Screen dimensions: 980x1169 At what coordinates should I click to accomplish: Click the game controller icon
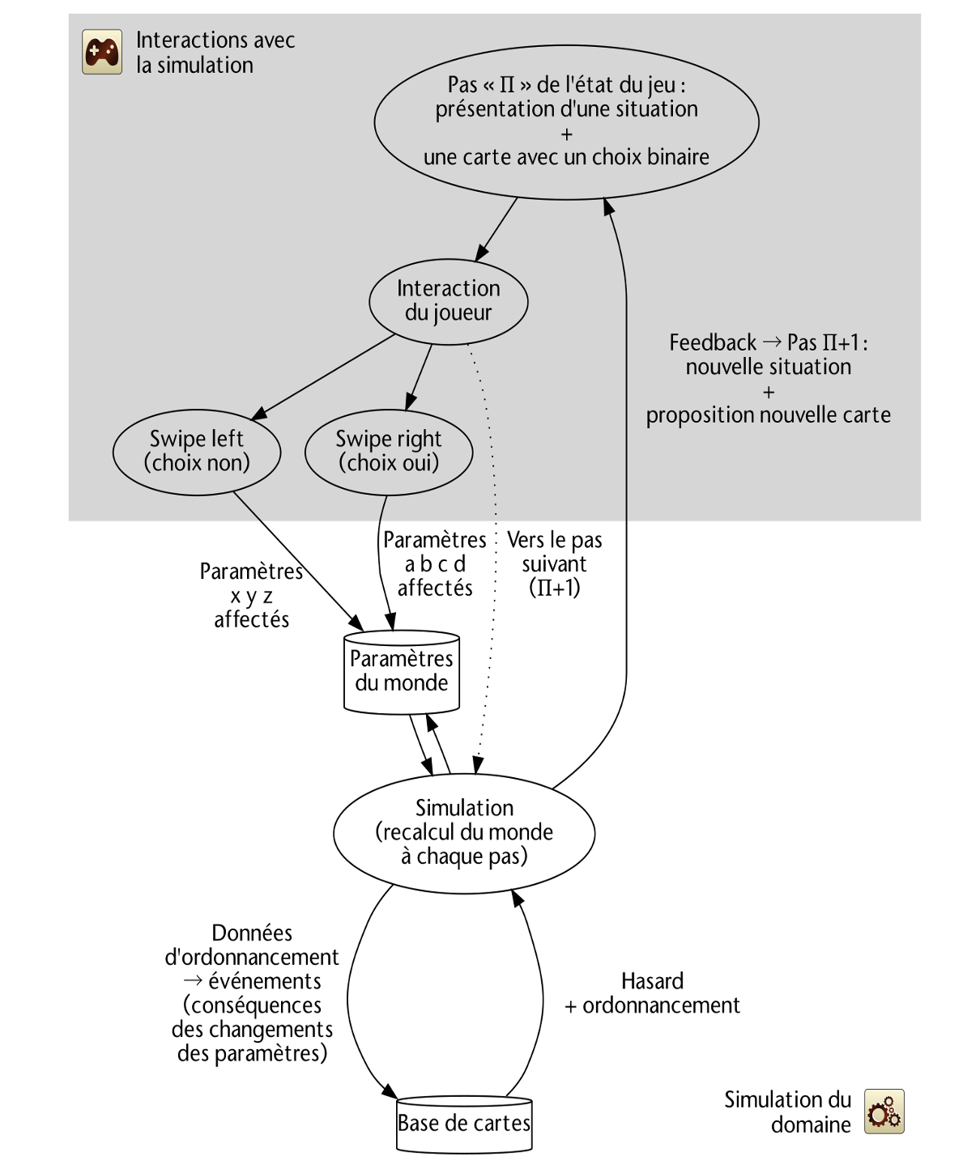point(102,52)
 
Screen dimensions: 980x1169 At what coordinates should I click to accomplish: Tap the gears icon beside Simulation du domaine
point(884,1111)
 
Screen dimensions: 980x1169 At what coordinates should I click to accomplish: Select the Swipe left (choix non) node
point(197,453)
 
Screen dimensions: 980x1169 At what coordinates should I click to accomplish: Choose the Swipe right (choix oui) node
point(389,453)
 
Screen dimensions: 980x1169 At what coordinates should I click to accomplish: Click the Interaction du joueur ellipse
point(448,302)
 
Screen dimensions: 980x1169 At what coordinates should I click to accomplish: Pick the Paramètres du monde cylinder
point(402,672)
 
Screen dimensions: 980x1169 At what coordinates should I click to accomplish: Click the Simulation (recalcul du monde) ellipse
point(464,833)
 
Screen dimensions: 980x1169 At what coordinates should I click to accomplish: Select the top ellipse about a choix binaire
point(566,122)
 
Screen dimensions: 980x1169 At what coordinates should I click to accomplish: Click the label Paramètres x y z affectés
point(252,595)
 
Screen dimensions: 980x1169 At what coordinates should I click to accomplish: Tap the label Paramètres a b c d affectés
point(435,563)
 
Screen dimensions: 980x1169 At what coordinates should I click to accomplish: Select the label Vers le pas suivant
point(555,563)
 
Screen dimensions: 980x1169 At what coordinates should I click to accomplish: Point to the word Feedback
point(713,342)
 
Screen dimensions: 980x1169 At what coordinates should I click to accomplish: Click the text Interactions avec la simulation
point(215,52)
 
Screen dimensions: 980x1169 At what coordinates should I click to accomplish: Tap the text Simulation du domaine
point(787,1112)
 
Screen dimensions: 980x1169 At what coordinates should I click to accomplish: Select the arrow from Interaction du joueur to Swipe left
point(322,376)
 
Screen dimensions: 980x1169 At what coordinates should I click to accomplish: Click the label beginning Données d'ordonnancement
point(252,993)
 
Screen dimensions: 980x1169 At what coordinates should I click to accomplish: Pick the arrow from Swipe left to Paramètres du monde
point(297,561)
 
